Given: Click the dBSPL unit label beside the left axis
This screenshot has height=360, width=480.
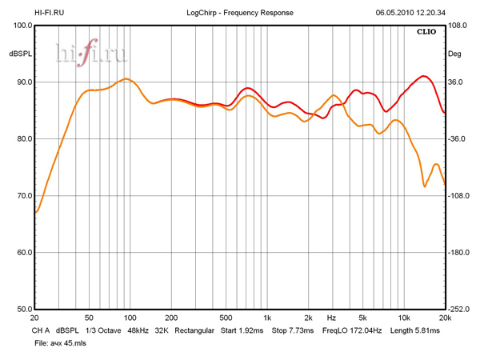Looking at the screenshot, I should point(19,54).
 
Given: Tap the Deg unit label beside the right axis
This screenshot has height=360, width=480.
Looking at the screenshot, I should point(454,54).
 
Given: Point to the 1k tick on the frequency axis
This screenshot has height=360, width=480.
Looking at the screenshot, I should point(268,318).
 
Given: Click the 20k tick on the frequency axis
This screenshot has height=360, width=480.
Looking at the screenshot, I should point(445,318).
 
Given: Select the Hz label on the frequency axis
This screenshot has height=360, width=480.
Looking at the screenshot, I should point(331,318).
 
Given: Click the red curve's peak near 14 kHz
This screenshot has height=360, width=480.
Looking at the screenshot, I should point(424,77).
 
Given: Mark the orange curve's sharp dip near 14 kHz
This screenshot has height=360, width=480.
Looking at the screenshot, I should point(425,186).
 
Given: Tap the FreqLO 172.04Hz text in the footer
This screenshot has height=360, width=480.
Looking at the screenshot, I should point(352,330).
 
